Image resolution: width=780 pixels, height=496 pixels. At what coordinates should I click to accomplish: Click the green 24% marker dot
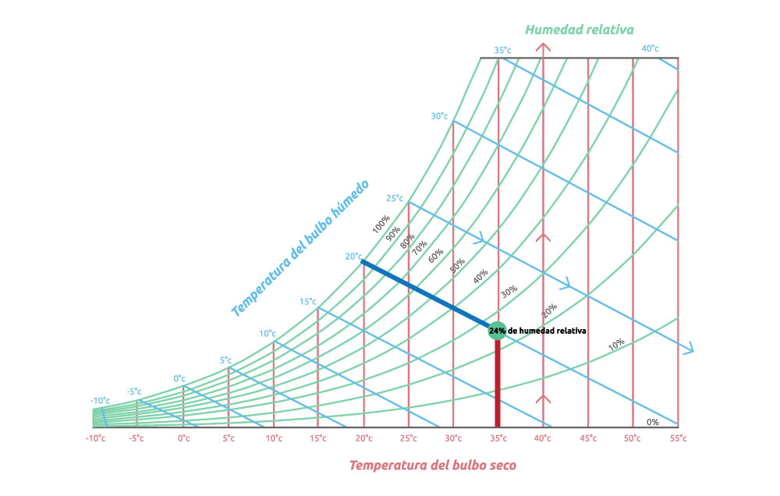pyautogui.click(x=498, y=331)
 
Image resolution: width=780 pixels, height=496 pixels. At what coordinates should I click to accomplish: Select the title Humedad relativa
pyautogui.click(x=579, y=30)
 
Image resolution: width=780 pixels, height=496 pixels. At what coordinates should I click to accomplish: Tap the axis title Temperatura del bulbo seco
pyautogui.click(x=431, y=466)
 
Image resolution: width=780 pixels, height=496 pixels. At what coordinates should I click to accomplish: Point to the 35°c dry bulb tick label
pyautogui.click(x=498, y=438)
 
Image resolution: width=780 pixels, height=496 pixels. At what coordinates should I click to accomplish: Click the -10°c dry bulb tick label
pyautogui.click(x=94, y=438)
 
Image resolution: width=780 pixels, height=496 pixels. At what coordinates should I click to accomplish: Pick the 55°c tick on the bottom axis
pyautogui.click(x=678, y=438)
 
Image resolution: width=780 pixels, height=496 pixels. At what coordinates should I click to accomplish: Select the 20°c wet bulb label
pyautogui.click(x=353, y=257)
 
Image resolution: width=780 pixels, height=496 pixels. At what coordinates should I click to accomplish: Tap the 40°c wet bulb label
pyautogui.click(x=650, y=49)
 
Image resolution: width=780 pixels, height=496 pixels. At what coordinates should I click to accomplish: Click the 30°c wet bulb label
pyautogui.click(x=439, y=116)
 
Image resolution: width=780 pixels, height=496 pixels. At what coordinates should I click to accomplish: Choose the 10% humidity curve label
pyautogui.click(x=616, y=343)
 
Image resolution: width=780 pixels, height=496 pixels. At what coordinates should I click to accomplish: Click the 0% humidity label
pyautogui.click(x=653, y=422)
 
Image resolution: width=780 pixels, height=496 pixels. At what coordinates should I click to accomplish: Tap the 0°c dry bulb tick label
pyautogui.click(x=183, y=438)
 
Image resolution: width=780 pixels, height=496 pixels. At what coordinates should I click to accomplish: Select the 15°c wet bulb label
pyautogui.click(x=308, y=302)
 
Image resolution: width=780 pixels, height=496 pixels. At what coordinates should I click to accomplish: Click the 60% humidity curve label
pyautogui.click(x=435, y=257)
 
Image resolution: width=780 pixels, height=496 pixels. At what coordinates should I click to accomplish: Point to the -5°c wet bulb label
pyautogui.click(x=134, y=391)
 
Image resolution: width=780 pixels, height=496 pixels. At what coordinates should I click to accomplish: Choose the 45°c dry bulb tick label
pyautogui.click(x=588, y=438)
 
